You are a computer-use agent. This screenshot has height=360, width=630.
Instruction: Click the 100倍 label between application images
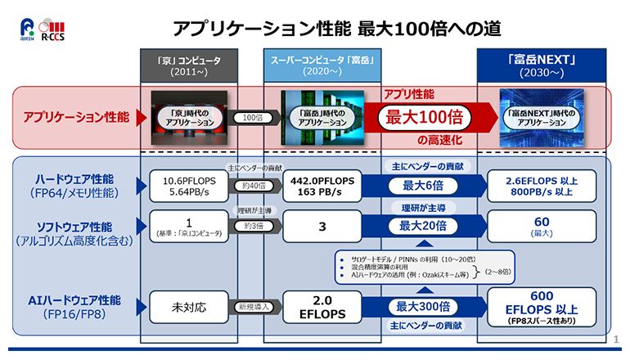pos(254,118)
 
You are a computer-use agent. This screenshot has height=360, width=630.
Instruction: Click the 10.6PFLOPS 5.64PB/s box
pos(189,187)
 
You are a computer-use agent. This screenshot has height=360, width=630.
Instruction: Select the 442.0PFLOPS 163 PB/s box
pos(322,187)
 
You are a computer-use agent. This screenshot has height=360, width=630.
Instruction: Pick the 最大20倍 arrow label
pos(422,226)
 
